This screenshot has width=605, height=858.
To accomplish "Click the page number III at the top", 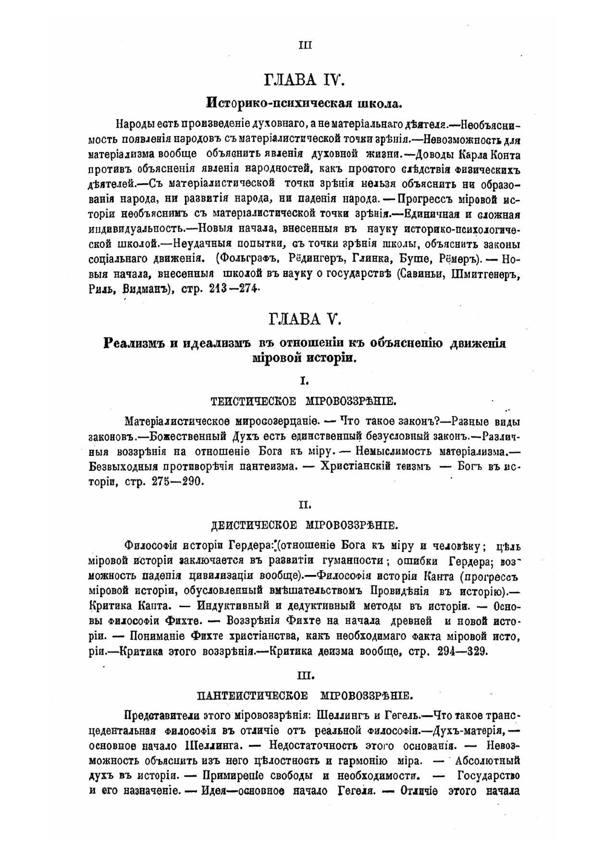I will click(x=306, y=45).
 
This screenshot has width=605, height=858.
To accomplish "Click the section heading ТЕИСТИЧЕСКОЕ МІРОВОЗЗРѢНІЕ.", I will click(x=304, y=401).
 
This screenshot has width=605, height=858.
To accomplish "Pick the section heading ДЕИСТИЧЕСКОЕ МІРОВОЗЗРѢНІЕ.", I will click(x=304, y=525).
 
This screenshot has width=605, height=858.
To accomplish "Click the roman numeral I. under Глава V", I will click(x=305, y=381).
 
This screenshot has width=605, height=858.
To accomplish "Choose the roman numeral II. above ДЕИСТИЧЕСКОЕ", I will click(x=305, y=504).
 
